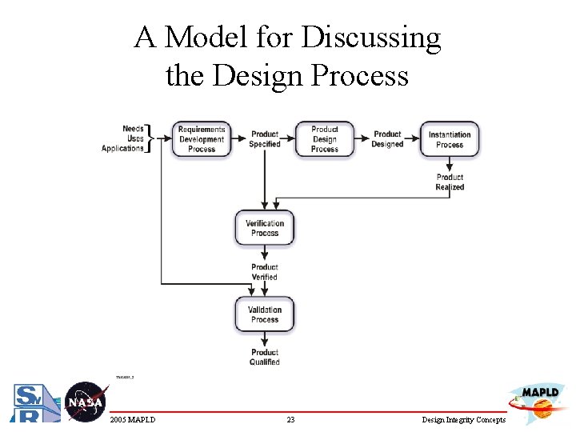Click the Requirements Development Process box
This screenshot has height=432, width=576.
[202, 139]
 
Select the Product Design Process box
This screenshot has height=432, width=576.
[325, 139]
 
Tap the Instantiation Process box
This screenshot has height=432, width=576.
[450, 139]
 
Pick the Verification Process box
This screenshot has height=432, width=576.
[265, 228]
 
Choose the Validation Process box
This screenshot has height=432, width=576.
[265, 314]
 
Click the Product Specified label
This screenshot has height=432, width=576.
[265, 139]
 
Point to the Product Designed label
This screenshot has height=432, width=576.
[387, 139]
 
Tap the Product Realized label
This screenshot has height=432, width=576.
[450, 182]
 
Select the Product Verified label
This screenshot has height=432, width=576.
[265, 272]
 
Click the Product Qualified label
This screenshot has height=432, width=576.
[265, 357]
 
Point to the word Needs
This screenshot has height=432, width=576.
[133, 129]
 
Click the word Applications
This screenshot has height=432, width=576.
[122, 149]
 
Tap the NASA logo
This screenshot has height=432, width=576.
[86, 402]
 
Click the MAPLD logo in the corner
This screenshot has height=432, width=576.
[537, 402]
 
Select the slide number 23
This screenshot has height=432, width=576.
[290, 420]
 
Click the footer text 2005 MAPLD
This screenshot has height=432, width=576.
[133, 420]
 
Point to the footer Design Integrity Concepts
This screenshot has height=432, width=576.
[465, 420]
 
